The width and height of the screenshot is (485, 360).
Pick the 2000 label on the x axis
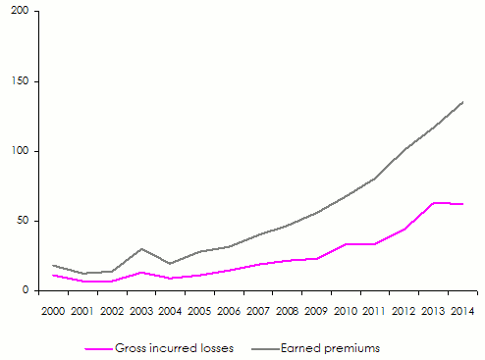coord(54,311)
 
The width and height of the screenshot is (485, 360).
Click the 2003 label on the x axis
coord(141,311)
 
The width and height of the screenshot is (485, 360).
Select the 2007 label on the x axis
coord(257,311)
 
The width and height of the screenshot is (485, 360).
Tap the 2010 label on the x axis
coord(345,311)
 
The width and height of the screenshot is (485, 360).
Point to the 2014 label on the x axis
coord(461,311)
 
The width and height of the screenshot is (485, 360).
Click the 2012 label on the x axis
coord(404,311)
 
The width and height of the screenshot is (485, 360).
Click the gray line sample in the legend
coord(263,348)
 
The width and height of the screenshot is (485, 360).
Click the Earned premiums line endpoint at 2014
coord(462,102)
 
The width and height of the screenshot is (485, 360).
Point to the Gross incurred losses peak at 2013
coord(433,203)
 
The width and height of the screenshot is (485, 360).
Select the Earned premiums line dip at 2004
coord(170,263)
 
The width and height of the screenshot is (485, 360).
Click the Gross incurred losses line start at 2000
coord(54,275)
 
